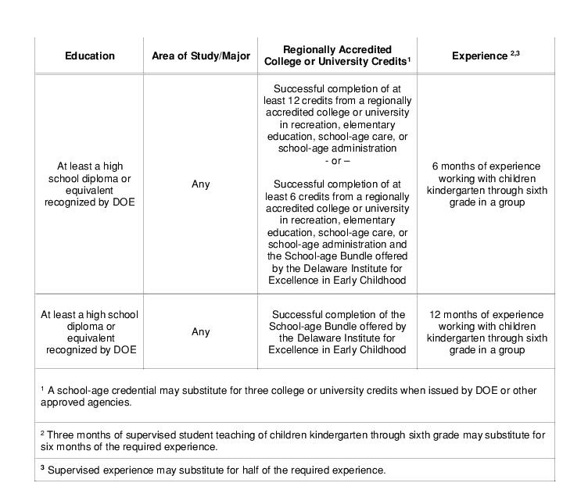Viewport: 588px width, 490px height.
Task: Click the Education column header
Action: tap(89, 55)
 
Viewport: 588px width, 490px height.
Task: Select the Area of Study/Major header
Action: tap(201, 55)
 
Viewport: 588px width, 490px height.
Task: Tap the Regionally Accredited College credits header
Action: tap(337, 55)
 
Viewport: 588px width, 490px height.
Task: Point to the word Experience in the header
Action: tap(479, 56)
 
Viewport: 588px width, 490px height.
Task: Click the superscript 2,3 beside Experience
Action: tap(515, 52)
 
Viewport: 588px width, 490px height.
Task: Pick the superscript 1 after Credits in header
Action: tap(409, 59)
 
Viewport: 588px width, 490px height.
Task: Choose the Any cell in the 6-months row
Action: tap(201, 184)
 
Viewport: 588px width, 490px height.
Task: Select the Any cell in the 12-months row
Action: tap(201, 332)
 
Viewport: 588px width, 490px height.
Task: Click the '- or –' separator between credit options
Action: tap(337, 160)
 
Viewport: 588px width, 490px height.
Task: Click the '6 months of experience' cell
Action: tap(486, 184)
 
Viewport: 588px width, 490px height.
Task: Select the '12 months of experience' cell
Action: tap(486, 332)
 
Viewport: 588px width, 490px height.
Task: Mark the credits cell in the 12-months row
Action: tap(337, 332)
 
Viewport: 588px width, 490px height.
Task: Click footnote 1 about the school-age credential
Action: tap(293, 396)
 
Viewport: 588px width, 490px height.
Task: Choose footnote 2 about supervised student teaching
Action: tap(293, 441)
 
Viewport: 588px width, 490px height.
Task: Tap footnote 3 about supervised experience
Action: tap(213, 470)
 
